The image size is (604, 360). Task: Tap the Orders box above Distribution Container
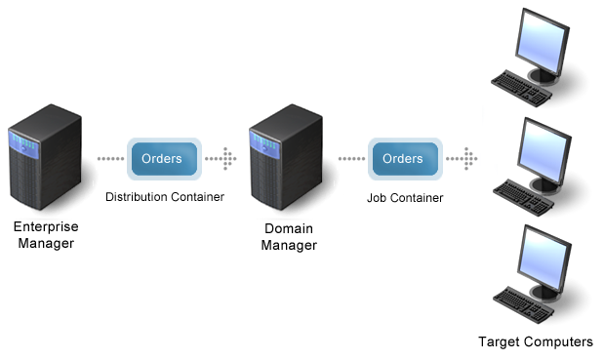[x=162, y=158]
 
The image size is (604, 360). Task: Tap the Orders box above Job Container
[x=402, y=158]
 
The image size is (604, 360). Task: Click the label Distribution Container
[x=165, y=197]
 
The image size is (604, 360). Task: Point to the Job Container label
[x=404, y=197]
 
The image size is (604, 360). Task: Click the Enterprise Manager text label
[x=45, y=235]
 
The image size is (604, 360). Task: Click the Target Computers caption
[x=535, y=341]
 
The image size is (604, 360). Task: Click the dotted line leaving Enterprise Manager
[x=108, y=158]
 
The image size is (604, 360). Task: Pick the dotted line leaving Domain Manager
[x=349, y=158]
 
